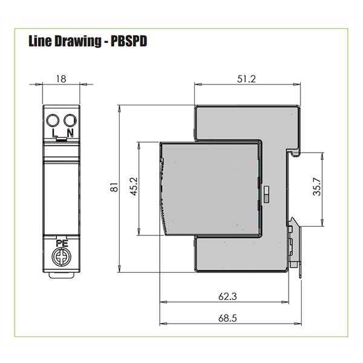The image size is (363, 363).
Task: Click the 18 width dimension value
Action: pos(60,79)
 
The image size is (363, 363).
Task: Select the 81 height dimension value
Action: pos(112,189)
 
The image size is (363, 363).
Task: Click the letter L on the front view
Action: pos(54,132)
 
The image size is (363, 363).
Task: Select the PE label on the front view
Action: pos(60,243)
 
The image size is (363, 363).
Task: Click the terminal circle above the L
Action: pos(53,119)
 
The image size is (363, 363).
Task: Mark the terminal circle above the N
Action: pos(69,119)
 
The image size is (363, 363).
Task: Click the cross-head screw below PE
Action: pos(60,257)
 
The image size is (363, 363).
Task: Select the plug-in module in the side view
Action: pos(209,188)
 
